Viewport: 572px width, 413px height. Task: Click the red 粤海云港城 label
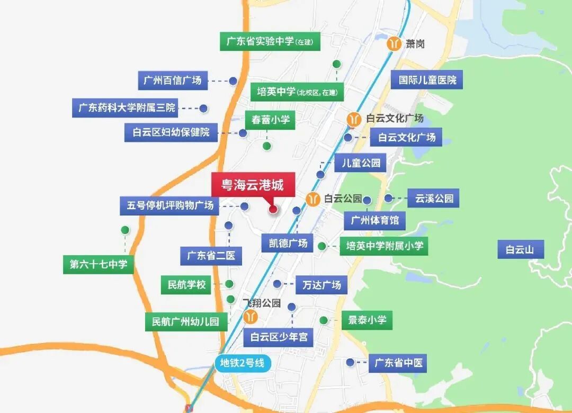(x=252, y=185)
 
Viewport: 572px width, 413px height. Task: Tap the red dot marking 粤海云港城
(x=273, y=210)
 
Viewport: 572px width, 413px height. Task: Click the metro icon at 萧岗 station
(x=394, y=43)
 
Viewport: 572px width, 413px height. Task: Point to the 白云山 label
(x=520, y=249)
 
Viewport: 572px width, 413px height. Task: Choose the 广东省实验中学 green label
(x=270, y=41)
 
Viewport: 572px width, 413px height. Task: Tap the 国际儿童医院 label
(x=427, y=80)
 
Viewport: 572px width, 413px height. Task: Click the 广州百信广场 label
(x=173, y=80)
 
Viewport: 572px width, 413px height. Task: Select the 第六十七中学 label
(x=99, y=264)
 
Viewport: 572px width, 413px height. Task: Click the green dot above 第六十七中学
(x=125, y=230)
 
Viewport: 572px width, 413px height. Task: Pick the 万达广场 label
(x=321, y=284)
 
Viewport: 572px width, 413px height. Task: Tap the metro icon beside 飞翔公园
(x=251, y=317)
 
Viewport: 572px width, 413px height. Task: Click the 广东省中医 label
(x=397, y=363)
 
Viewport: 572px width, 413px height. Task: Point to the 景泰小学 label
(x=367, y=320)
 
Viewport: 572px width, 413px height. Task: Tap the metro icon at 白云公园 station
(x=313, y=199)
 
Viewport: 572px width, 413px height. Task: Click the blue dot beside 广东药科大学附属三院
(x=203, y=108)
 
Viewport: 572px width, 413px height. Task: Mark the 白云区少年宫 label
(x=279, y=336)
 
